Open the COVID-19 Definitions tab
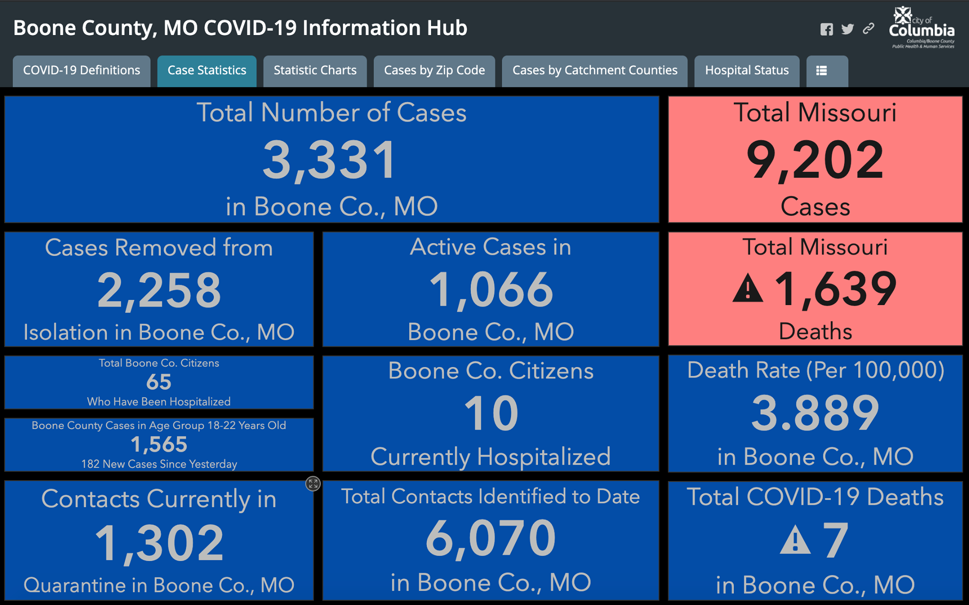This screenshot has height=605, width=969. pyautogui.click(x=81, y=71)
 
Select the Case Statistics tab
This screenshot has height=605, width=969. pyautogui.click(x=207, y=71)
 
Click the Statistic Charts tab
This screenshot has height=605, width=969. pyautogui.click(x=315, y=71)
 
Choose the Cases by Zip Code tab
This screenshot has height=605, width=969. pyautogui.click(x=434, y=71)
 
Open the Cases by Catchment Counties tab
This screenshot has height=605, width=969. pyautogui.click(x=595, y=71)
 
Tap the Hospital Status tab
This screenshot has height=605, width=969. pyautogui.click(x=747, y=71)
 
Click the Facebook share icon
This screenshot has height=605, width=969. pyautogui.click(x=827, y=29)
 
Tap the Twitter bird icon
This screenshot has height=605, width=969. pyautogui.click(x=847, y=29)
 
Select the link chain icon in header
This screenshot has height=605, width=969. pyautogui.click(x=868, y=29)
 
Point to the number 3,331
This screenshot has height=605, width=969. pyautogui.click(x=330, y=161)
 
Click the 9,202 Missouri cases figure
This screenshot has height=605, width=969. pyautogui.click(x=815, y=161)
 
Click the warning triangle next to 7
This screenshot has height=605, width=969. pyautogui.click(x=795, y=540)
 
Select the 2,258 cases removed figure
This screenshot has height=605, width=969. pyautogui.click(x=159, y=290)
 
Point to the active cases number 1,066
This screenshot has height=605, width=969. pyautogui.click(x=491, y=290)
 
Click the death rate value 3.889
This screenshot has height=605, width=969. pyautogui.click(x=815, y=413)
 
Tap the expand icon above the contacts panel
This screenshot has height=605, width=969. pyautogui.click(x=313, y=483)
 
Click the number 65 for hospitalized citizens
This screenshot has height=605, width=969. pyautogui.click(x=159, y=382)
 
